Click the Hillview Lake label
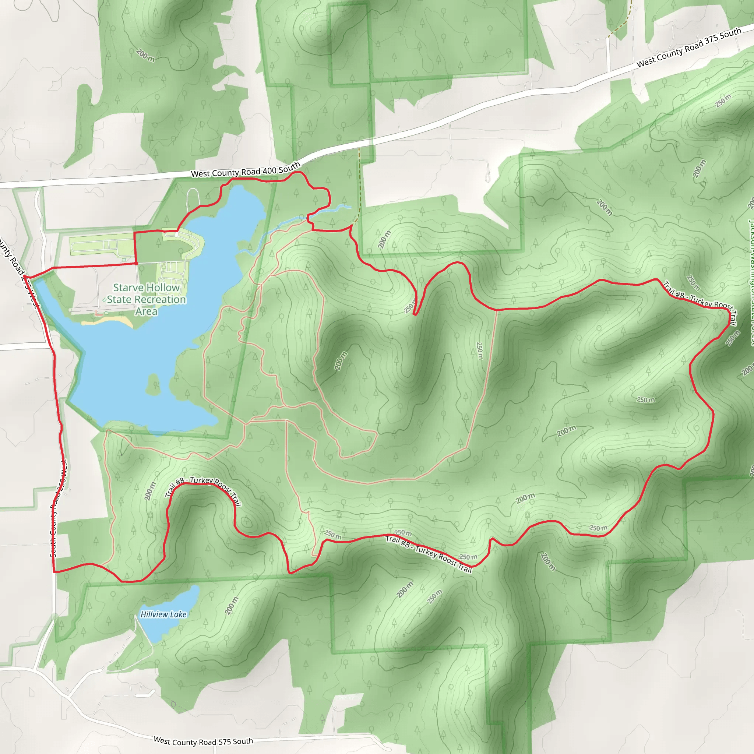pyautogui.click(x=163, y=614)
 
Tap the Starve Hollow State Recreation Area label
pyautogui.click(x=147, y=299)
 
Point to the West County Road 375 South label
pyautogui.click(x=689, y=47)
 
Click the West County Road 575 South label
pyautogui.click(x=203, y=741)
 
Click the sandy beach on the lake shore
pyautogui.click(x=108, y=321)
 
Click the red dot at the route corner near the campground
pyautogui.click(x=136, y=264)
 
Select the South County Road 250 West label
pyautogui.click(x=59, y=507)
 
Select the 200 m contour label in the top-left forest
pyautogui.click(x=145, y=56)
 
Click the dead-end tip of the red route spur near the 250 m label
pyautogui.click(x=415, y=314)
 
